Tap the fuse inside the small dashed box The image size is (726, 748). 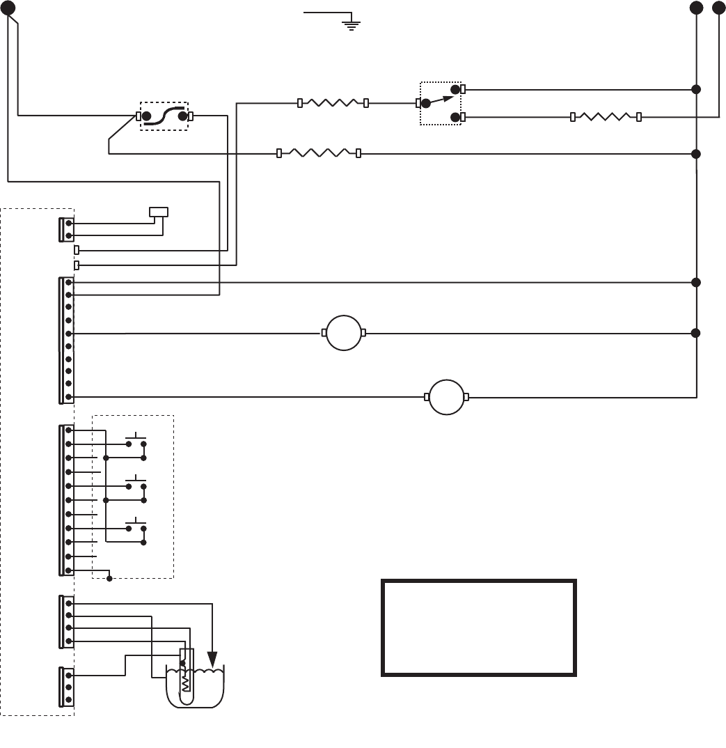pos(165,116)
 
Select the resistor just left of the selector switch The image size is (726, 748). pos(333,103)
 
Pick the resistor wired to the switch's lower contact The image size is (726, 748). pos(606,117)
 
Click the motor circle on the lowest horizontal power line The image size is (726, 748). pos(446,397)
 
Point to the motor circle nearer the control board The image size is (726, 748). pos(344,333)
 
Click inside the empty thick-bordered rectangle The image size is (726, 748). pos(478,628)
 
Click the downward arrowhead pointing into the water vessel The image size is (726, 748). pos(212,658)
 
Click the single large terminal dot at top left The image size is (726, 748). pos(8,8)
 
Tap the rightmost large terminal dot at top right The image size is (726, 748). pos(718,8)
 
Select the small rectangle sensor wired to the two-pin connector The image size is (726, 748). pos(159,211)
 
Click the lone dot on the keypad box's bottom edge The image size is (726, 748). pos(109,578)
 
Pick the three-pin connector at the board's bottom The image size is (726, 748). pos(67,687)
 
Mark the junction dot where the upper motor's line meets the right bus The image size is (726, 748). pos(695,333)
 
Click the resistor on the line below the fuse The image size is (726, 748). pos(319,153)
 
